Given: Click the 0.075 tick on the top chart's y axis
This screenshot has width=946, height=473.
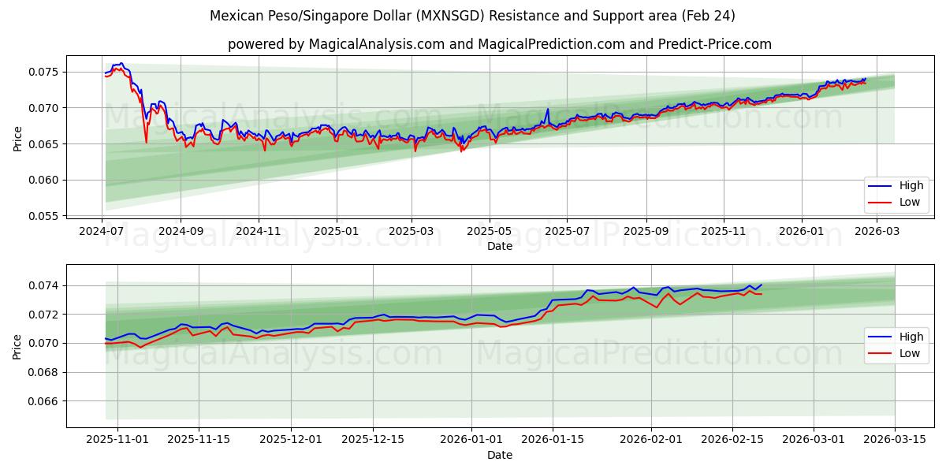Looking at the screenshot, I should tap(45, 72).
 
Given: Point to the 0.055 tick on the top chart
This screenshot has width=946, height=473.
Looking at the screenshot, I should tap(45, 216).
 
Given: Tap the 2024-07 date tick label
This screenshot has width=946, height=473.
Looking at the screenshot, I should tap(102, 231).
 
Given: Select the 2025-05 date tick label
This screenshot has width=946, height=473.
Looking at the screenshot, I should tap(490, 231).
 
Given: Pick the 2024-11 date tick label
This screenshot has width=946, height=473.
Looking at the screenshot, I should tap(259, 231).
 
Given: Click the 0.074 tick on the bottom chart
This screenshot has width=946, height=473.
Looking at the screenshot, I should tap(45, 285).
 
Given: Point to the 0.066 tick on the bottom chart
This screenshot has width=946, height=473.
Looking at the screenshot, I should tap(45, 401).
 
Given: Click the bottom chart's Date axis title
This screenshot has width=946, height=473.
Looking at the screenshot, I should tap(500, 455).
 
